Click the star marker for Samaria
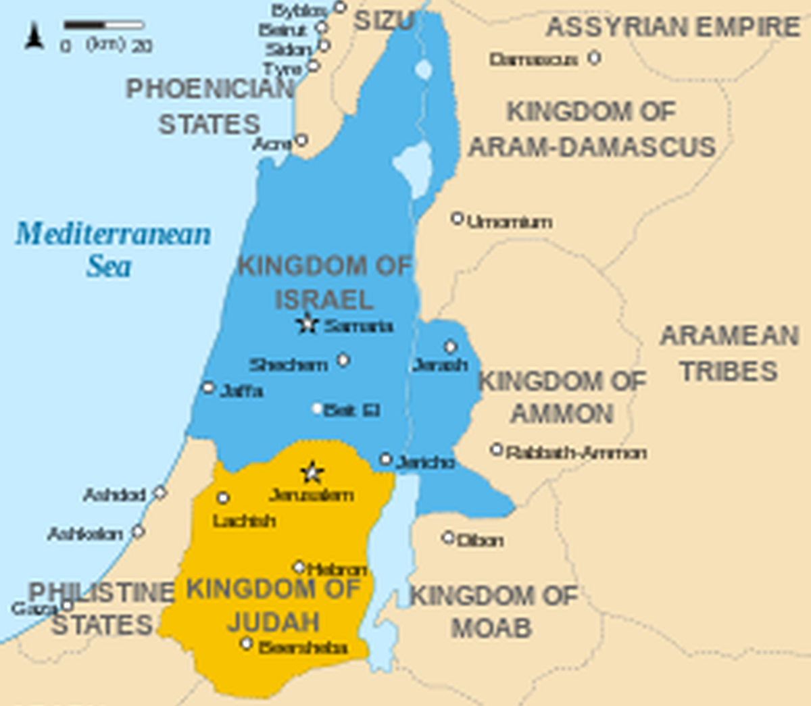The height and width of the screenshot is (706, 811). pos(308,324)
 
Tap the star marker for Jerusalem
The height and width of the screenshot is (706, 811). pos(312,472)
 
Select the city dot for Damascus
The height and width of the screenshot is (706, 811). pos(594,57)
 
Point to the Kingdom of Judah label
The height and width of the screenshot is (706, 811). pos(273,605)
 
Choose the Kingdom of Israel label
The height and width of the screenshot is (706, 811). pos(324,282)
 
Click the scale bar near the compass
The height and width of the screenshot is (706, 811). pos(104,26)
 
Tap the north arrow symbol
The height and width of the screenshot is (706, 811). pos(34,36)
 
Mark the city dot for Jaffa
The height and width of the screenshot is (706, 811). pos(208,388)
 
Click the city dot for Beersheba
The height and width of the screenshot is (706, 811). pos(247,644)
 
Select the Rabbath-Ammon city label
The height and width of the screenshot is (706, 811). pos(576,453)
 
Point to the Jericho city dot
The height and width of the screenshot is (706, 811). pos(385,459)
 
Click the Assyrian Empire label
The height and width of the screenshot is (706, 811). pos(672,28)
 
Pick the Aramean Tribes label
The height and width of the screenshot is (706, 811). pos(729,353)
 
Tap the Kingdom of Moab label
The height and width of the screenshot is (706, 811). pos(493,612)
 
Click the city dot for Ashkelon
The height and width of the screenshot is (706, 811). pos(138,532)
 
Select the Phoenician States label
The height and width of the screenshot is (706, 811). pos(210,107)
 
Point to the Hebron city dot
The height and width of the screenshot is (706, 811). pos(299,567)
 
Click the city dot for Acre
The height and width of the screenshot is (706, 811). pos(301,140)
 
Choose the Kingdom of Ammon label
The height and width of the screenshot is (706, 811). pos(562,397)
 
